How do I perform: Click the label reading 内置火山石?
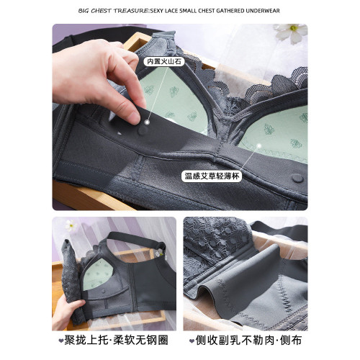[164, 61]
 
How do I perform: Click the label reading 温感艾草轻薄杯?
[212, 176]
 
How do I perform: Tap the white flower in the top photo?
[292, 32]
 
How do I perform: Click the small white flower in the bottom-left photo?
[71, 225]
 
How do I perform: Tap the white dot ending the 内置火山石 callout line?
[148, 122]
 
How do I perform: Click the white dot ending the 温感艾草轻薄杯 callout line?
[258, 145]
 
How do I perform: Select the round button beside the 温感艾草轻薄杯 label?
[297, 178]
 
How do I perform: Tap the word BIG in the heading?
[84, 11]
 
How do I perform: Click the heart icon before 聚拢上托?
[61, 341]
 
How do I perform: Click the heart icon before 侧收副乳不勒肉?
[192, 341]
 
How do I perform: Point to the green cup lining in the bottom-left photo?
[97, 276]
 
